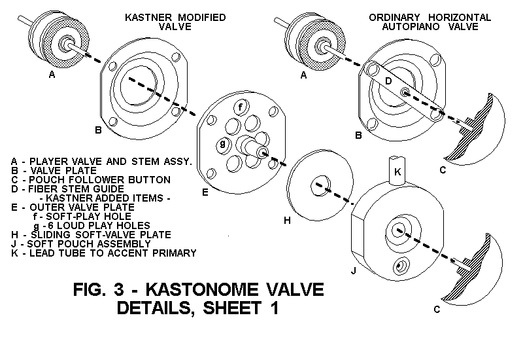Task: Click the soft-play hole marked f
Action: tap(242, 107)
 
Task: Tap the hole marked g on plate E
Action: tap(224, 143)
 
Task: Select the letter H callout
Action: tap(287, 221)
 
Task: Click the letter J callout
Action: tap(354, 269)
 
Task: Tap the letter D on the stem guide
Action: tap(388, 81)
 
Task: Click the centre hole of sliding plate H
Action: tap(320, 181)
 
